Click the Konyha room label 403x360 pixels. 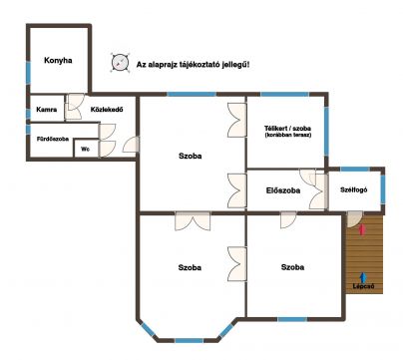coord(58,61)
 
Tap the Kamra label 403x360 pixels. coord(47,110)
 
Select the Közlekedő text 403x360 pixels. coord(107,109)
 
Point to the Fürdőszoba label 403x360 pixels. coord(53,139)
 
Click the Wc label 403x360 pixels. coord(86,150)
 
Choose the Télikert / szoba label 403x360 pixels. coord(288,128)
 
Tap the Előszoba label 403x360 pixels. coord(283,190)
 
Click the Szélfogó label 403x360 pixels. coord(354,189)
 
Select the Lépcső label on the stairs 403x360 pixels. coord(364,286)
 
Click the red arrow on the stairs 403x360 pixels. coord(363,229)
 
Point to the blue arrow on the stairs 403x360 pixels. coord(363,278)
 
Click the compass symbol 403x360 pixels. coord(120,62)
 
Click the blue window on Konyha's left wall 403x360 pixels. coord(28,73)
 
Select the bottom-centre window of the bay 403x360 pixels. coord(189,340)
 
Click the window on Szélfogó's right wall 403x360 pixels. coord(383,188)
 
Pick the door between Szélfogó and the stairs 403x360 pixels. coord(354,219)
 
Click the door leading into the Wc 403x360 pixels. coord(107,149)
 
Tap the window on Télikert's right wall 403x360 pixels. coord(326,131)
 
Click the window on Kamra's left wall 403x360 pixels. coord(28,114)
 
